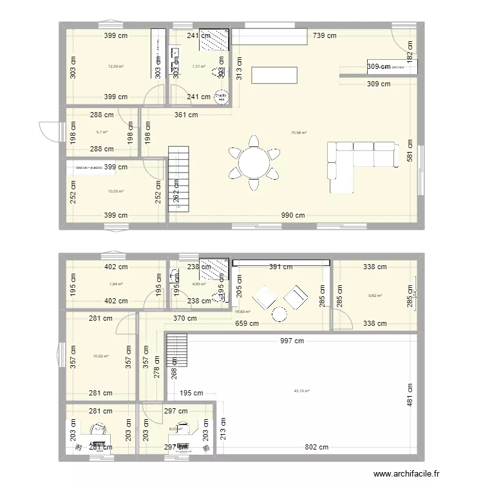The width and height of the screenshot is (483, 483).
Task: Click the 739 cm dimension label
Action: point(324,36)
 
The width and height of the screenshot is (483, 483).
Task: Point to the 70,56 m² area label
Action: point(298,133)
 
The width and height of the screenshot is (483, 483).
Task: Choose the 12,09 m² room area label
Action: point(115,66)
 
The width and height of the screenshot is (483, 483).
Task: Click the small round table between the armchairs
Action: point(279,314)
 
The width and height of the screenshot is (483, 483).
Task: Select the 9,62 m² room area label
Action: point(375,296)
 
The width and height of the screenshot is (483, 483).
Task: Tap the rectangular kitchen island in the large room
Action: point(274,76)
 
